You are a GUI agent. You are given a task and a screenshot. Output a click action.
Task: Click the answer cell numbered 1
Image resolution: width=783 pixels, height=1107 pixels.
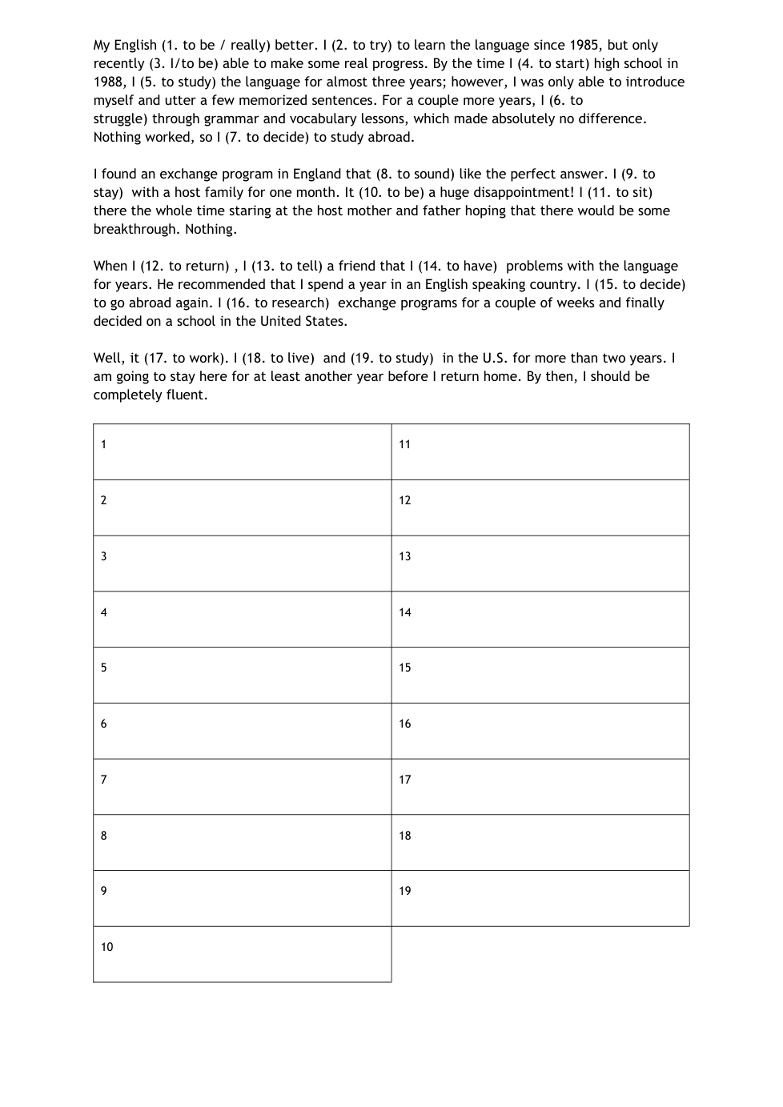point(242,452)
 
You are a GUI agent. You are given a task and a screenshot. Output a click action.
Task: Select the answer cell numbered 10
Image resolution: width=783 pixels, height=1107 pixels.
point(242,954)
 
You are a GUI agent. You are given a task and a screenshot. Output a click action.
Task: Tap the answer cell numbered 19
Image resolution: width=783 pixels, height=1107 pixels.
point(540,898)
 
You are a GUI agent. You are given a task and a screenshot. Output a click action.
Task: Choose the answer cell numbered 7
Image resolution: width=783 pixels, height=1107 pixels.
point(242,787)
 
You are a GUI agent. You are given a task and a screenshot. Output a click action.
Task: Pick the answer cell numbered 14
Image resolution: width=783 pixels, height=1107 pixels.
point(540,620)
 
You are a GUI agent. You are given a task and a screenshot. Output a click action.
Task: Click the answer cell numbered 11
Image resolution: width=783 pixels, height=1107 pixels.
point(540,452)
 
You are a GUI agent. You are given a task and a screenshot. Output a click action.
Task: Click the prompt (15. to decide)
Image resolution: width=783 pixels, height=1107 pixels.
point(640,285)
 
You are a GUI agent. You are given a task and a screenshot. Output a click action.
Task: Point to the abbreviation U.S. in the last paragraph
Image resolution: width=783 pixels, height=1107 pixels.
point(495,359)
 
